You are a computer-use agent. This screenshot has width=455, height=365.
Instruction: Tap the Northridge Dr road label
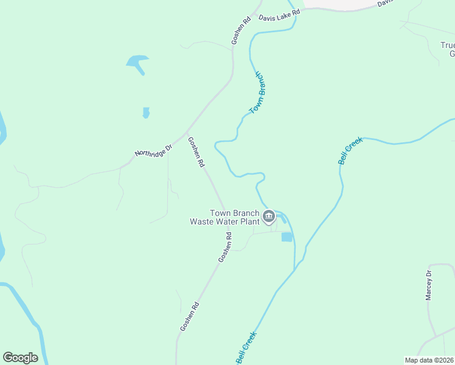point(154,149)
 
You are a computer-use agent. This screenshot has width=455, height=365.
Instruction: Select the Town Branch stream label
point(259,93)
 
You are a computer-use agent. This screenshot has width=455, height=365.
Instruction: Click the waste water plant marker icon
point(268,215)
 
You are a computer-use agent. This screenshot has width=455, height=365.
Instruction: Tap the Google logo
point(20,358)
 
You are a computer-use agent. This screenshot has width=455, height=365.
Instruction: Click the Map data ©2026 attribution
point(429,360)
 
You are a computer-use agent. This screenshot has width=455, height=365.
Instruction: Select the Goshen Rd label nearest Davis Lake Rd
point(241,30)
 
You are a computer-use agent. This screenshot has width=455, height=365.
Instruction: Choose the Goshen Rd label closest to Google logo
point(189,316)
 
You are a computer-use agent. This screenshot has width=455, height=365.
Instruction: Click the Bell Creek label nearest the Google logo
point(246,347)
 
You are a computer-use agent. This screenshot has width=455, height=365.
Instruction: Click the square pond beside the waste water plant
point(287,237)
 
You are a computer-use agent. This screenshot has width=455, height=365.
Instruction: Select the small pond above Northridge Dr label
point(146,113)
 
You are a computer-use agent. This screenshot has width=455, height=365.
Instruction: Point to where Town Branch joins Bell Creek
point(295,269)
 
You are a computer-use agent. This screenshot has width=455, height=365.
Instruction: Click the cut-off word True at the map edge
point(448,45)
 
